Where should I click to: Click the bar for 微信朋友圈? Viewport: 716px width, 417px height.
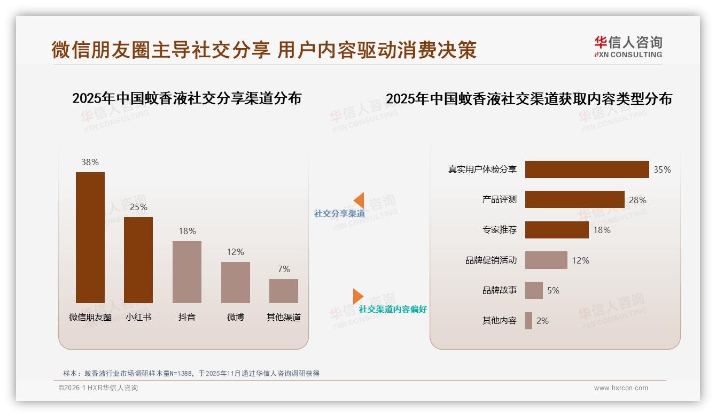click(x=90, y=237)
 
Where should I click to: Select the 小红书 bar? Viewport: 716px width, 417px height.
click(x=138, y=260)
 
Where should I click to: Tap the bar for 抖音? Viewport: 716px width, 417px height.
click(x=187, y=272)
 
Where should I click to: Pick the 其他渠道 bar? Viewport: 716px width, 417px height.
click(x=284, y=291)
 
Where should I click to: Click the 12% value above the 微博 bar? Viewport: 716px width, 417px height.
click(x=235, y=252)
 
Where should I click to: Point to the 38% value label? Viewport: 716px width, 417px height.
click(x=90, y=162)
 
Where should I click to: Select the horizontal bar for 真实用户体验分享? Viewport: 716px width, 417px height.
click(x=587, y=169)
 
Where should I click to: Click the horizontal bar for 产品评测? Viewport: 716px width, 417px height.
click(x=574, y=199)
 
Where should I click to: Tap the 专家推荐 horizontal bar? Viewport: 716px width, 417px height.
click(x=557, y=230)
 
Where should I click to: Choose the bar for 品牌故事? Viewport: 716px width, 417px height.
click(x=534, y=290)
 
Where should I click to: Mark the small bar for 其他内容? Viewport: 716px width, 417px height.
click(x=528, y=321)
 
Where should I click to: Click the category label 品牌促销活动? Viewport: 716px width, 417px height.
click(x=491, y=260)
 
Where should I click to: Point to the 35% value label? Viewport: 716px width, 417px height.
click(x=662, y=169)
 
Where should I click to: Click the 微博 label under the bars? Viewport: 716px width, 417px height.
click(x=236, y=317)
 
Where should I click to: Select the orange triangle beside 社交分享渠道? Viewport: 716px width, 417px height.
click(x=359, y=200)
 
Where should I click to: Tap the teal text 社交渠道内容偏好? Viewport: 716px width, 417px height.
click(x=393, y=309)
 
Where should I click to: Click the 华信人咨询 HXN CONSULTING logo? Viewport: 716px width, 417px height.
click(x=628, y=47)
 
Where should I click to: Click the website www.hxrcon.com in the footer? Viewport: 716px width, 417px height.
click(x=621, y=388)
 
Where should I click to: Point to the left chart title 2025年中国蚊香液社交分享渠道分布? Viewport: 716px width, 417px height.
click(x=187, y=98)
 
